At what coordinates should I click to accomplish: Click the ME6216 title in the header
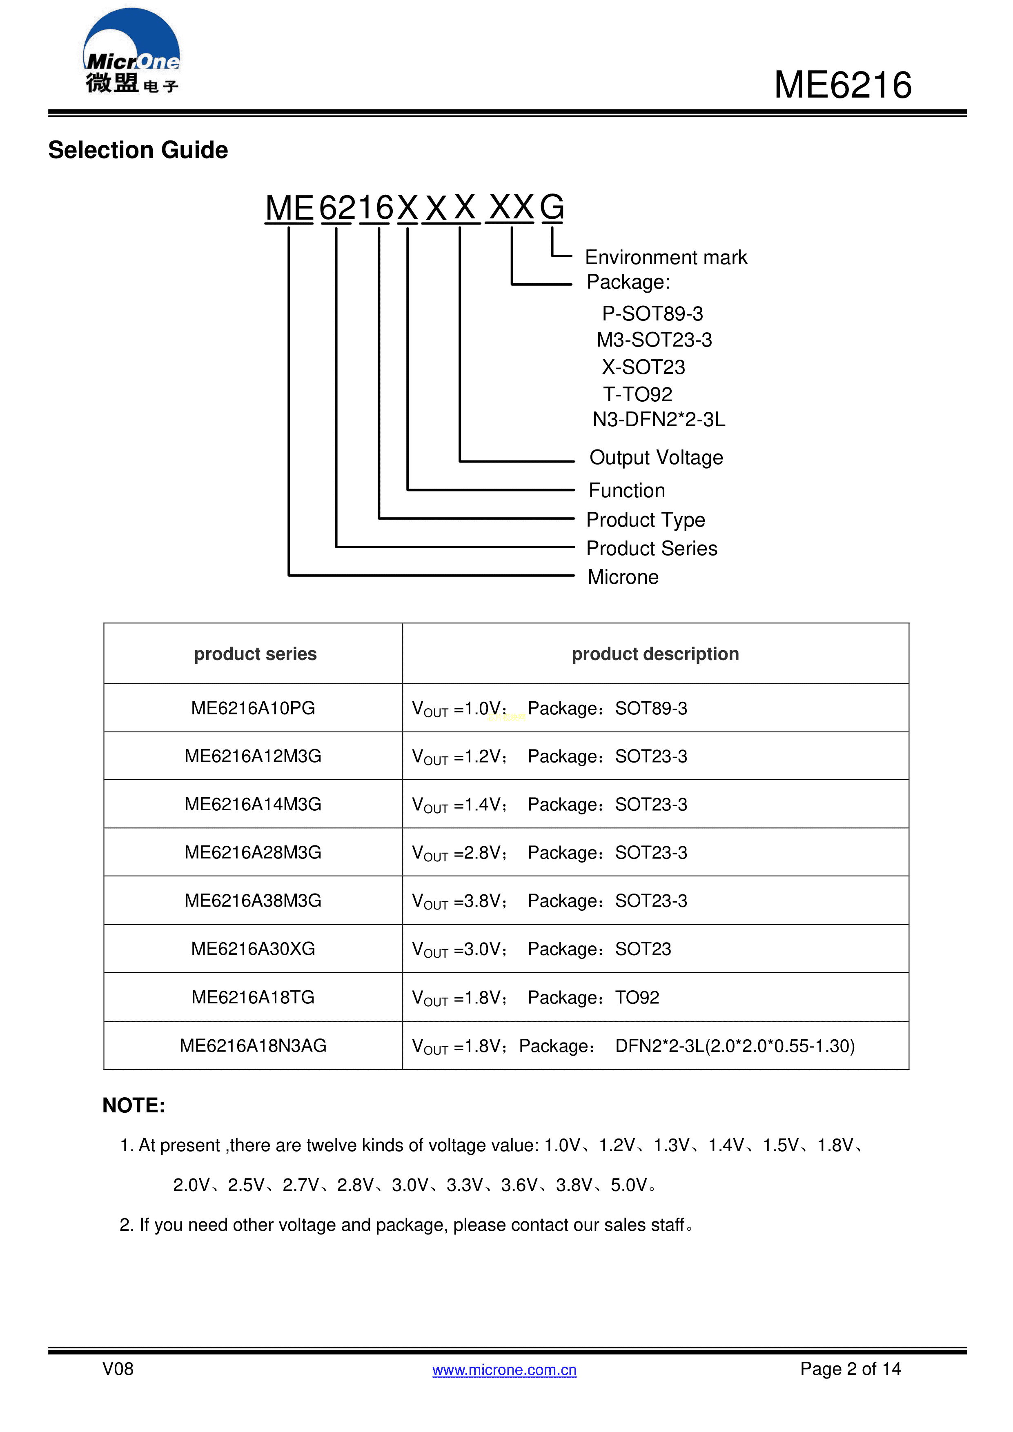pyautogui.click(x=843, y=85)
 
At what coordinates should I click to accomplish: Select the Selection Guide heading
pyautogui.click(x=138, y=150)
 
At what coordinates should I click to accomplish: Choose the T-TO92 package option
pyautogui.click(x=637, y=394)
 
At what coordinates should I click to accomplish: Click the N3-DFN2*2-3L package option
pyautogui.click(x=659, y=420)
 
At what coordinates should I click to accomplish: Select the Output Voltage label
pyautogui.click(x=656, y=458)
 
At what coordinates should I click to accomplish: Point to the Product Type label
pyautogui.click(x=645, y=520)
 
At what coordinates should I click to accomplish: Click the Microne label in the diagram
pyautogui.click(x=623, y=577)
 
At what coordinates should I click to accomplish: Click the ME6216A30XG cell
pyautogui.click(x=253, y=949)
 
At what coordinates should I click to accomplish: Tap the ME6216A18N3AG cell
pyautogui.click(x=253, y=1045)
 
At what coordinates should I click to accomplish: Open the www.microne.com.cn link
pyautogui.click(x=504, y=1370)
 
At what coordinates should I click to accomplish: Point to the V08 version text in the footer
pyautogui.click(x=118, y=1369)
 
